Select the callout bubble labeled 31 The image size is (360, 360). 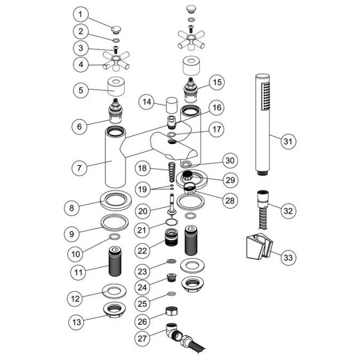[288, 141]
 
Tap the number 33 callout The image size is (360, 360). [288, 258]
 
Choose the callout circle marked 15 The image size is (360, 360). [217, 83]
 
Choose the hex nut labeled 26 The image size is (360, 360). [172, 310]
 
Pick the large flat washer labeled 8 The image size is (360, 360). [115, 202]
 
